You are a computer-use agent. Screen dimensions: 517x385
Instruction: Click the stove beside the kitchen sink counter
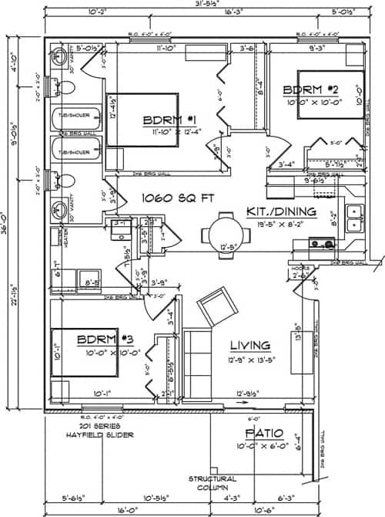coord(319,244)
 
